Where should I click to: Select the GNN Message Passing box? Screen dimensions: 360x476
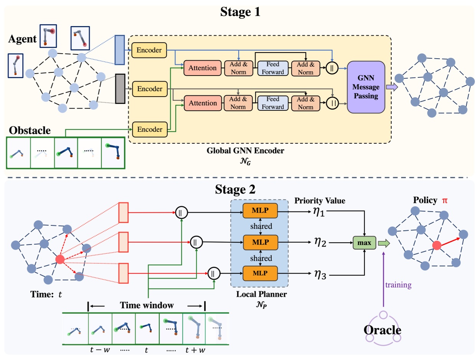(x=366, y=87)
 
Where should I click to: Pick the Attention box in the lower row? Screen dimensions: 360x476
(x=203, y=103)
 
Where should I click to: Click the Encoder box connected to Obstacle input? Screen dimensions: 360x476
(x=149, y=129)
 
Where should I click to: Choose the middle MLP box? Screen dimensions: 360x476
(x=260, y=242)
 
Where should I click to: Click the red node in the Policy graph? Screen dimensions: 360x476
(x=435, y=245)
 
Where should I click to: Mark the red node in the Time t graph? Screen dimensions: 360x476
(x=60, y=260)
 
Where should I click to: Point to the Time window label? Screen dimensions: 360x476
(x=147, y=306)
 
